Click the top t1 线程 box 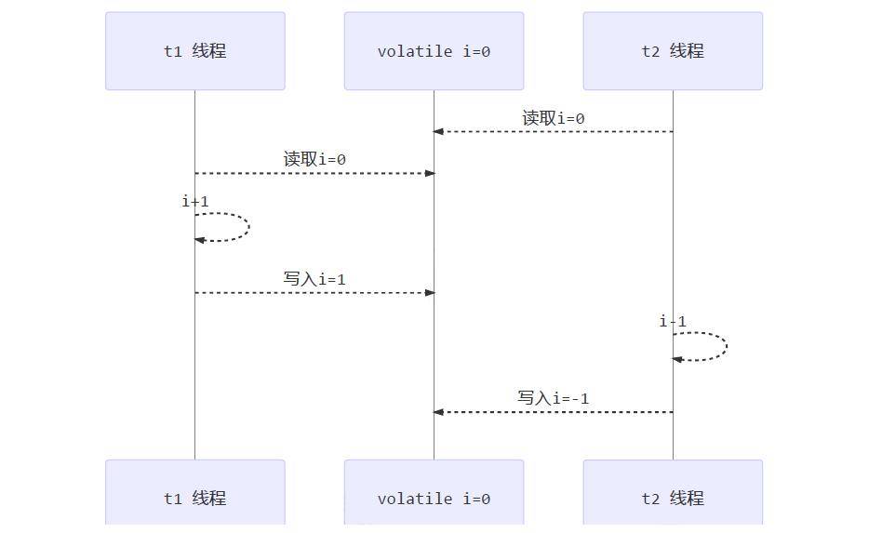[194, 51]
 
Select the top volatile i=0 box [434, 51]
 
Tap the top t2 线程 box [673, 51]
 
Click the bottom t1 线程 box [194, 496]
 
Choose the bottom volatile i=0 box [434, 496]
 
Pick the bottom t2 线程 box [673, 496]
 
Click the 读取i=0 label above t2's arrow [553, 118]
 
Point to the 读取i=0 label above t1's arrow [314, 159]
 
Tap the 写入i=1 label [314, 279]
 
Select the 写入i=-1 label [553, 398]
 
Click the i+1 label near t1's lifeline [195, 201]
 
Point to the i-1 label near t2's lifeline [673, 321]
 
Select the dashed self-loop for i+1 [247, 227]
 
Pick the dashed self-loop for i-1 [726, 347]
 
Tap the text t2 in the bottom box [650, 499]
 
